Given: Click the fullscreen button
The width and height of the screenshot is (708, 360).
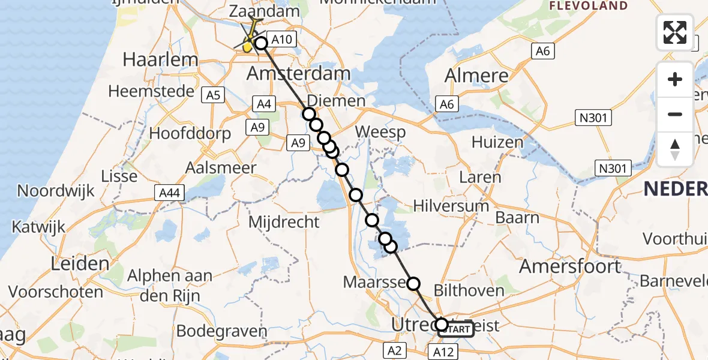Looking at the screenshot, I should [x=675, y=32].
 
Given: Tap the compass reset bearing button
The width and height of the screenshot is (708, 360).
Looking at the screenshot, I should [x=675, y=149].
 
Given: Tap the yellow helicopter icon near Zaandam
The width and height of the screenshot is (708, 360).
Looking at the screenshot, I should [x=248, y=44].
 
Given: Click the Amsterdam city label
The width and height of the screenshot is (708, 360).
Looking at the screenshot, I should [x=299, y=74].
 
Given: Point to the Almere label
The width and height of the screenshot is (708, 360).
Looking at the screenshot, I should [x=476, y=76].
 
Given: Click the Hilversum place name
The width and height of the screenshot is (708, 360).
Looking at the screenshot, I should [x=451, y=206].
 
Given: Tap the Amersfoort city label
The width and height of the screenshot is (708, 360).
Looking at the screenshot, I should [x=569, y=266].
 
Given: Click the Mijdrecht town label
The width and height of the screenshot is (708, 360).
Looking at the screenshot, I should [x=284, y=222].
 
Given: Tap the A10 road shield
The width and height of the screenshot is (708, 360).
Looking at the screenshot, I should [x=281, y=40].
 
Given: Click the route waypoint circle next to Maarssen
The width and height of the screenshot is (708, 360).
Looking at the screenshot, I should [x=413, y=284].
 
